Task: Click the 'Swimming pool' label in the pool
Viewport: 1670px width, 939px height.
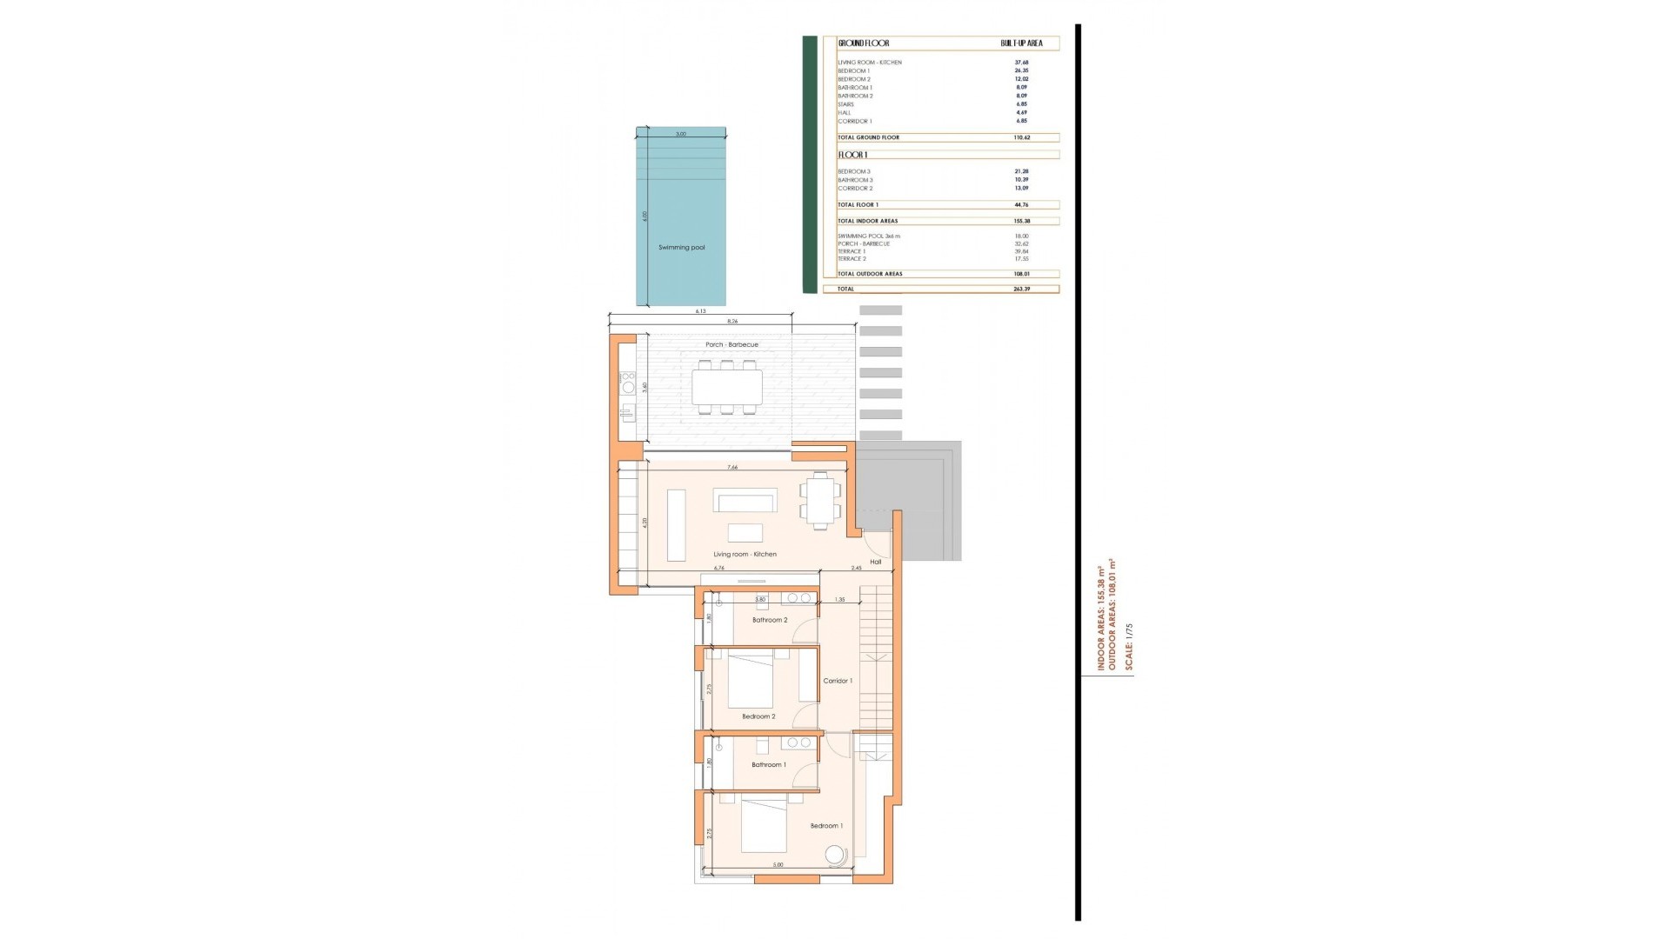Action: [681, 248]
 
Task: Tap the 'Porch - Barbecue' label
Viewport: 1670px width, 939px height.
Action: [731, 345]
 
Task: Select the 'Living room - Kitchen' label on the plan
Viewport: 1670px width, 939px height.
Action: [745, 555]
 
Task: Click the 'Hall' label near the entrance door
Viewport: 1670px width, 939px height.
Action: [875, 563]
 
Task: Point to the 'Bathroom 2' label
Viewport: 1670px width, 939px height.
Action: [770, 621]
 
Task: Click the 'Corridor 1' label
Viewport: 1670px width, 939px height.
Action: [838, 682]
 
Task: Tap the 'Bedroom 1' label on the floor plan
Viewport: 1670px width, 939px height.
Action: [826, 826]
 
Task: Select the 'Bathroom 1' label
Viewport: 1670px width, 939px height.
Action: [769, 765]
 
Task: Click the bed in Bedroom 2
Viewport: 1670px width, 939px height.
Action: [750, 682]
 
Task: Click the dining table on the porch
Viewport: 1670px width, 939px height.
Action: [727, 387]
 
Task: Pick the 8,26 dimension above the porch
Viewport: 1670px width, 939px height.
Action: [732, 322]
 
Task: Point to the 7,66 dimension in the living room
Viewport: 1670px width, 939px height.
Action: [732, 468]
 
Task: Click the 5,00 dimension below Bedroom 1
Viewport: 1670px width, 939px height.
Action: [778, 865]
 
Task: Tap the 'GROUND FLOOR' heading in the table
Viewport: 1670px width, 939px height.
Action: [864, 43]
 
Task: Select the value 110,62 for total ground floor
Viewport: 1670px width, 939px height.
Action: [1021, 137]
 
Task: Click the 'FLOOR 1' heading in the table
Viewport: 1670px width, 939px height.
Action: [852, 156]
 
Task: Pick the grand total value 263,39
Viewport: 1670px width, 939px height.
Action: [1021, 289]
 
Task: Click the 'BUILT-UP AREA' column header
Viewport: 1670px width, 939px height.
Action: [1021, 43]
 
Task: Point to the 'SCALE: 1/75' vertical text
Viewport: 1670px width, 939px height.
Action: [1129, 646]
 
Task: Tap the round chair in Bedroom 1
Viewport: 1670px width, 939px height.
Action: [835, 856]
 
